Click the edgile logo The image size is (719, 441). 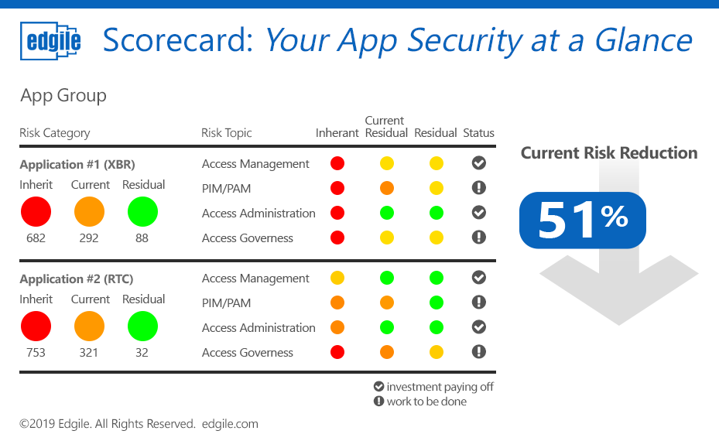(51, 41)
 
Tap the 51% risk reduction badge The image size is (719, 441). (582, 220)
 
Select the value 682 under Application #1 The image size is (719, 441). (36, 238)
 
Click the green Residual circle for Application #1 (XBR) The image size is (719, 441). (142, 212)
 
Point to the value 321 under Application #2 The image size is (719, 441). (89, 353)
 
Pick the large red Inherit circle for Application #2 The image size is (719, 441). (36, 326)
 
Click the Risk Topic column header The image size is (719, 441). (227, 133)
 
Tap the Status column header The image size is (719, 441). (478, 133)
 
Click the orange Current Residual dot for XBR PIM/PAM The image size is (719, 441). (387, 188)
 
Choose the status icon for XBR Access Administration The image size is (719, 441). (479, 213)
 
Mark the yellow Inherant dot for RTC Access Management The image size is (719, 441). (337, 278)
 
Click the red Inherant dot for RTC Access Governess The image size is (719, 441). (337, 352)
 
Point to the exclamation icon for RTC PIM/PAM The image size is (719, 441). (479, 303)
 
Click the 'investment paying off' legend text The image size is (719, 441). (440, 387)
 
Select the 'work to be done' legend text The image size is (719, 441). (426, 402)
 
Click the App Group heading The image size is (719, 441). (63, 96)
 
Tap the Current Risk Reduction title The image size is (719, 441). (609, 153)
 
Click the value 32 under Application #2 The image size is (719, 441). (142, 353)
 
